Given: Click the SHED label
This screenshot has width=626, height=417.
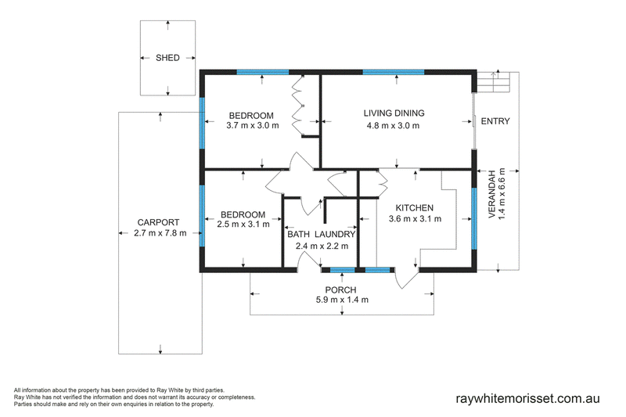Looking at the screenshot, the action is click(167, 58).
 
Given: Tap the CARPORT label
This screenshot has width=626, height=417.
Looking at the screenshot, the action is click(159, 223).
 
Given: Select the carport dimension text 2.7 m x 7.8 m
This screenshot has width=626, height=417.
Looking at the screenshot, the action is click(160, 233).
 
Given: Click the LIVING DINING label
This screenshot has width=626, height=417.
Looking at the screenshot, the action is click(394, 113).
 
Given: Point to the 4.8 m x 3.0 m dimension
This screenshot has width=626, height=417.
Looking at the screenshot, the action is click(394, 126).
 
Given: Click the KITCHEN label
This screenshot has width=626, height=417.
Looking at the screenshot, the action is click(415, 208).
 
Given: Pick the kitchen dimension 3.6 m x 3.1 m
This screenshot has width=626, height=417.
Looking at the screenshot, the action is click(416, 219).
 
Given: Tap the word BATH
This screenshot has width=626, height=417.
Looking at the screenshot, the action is click(299, 234).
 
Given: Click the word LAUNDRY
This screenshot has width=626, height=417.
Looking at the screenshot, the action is click(335, 234).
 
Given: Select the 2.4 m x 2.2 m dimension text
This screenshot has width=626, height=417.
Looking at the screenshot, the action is click(322, 246).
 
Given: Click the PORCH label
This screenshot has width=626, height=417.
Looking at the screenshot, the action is click(340, 290).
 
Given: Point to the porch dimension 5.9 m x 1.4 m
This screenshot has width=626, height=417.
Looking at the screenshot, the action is click(342, 300).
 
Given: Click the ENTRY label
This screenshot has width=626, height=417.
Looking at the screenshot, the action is click(495, 121).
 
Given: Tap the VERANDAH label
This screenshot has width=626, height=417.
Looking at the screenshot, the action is click(492, 194).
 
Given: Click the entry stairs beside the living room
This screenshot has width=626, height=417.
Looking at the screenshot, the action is click(495, 82).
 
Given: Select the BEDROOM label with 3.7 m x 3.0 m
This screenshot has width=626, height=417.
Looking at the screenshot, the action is click(251, 116).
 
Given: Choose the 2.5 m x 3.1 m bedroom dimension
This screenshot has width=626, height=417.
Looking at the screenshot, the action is click(243, 225).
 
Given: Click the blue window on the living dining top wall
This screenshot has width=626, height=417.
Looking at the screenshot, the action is click(394, 72).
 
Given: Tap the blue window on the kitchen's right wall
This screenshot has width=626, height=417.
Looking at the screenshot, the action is click(474, 219).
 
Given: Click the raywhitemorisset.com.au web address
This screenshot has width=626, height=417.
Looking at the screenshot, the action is click(527, 399).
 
